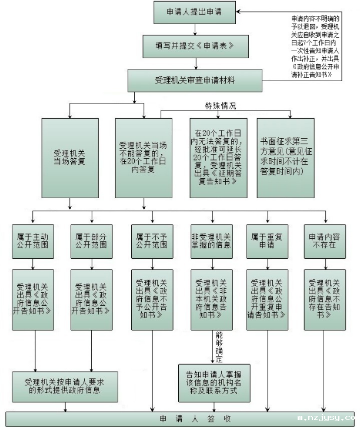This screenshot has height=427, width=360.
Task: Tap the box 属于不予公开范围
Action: [x=152, y=240]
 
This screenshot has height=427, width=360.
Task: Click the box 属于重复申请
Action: [x=268, y=240]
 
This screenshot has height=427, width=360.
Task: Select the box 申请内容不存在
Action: [x=325, y=240]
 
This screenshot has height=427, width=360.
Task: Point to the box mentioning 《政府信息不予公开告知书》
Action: [x=152, y=298]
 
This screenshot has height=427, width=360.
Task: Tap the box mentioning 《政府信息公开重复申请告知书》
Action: [x=268, y=298]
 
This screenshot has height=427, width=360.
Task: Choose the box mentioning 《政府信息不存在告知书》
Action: [x=325, y=298]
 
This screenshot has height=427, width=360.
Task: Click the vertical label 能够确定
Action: [x=220, y=346]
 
